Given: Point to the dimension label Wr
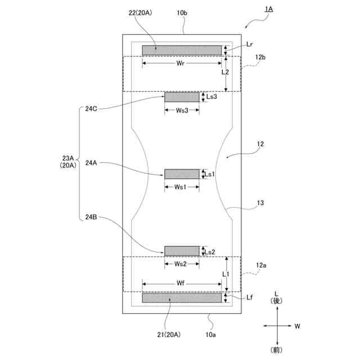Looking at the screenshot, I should click(x=181, y=64).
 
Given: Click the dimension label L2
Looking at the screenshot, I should click(x=225, y=72).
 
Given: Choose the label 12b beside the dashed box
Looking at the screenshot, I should click(x=260, y=57).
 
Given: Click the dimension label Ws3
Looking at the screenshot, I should click(x=182, y=110).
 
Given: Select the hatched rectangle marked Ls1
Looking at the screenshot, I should click(x=182, y=174).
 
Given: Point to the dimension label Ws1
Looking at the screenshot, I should click(x=182, y=187).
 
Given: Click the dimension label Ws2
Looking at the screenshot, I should click(x=182, y=264).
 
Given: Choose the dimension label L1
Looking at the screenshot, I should click(x=225, y=273).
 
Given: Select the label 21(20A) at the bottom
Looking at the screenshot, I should click(x=169, y=334).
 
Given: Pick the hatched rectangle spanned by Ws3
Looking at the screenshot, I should click(x=182, y=97).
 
